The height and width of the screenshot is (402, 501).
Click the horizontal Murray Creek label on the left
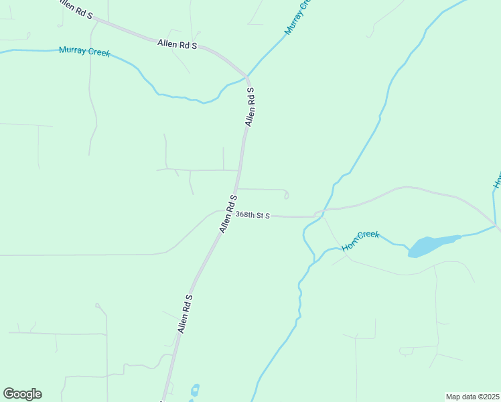(x=84, y=51)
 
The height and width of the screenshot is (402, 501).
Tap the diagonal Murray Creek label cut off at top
(x=298, y=17)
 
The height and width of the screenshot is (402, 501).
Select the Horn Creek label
(x=360, y=241)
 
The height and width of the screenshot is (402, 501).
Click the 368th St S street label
(x=253, y=215)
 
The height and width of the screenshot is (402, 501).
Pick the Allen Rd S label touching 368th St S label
(x=228, y=214)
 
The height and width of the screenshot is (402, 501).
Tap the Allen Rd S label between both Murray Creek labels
(x=177, y=44)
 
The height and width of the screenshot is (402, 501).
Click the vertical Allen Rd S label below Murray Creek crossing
(x=250, y=107)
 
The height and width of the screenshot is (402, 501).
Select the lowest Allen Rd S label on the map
(x=185, y=314)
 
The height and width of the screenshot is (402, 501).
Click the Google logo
(x=22, y=394)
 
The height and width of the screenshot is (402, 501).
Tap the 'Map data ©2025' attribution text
(x=472, y=397)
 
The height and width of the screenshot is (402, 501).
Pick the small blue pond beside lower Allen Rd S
(x=195, y=390)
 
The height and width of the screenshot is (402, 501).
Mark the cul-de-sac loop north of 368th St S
(x=286, y=195)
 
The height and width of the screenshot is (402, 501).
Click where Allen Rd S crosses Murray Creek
(x=247, y=76)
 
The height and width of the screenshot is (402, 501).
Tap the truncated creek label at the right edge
(x=497, y=180)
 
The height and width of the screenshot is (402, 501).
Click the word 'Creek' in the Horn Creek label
(x=368, y=237)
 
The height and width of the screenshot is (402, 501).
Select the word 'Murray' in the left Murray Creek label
(x=72, y=50)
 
